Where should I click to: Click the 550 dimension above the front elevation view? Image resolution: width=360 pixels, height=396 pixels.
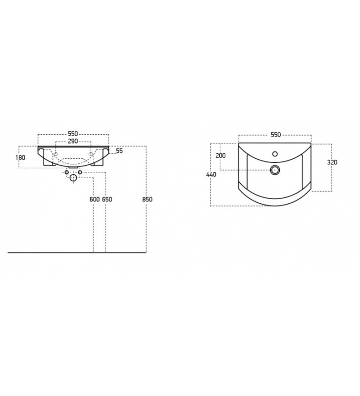click(73, 134)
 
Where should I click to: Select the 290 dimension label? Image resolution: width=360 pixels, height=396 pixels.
click(73, 141)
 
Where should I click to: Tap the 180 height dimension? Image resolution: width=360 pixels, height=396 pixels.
click(20, 157)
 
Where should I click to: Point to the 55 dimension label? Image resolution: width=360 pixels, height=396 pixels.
click(119, 151)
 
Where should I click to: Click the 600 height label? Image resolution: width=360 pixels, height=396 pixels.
click(95, 199)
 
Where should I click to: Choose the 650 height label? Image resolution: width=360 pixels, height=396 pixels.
click(107, 199)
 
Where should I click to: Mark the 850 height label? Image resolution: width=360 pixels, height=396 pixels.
click(147, 199)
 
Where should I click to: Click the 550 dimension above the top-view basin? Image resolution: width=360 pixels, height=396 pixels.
click(276, 135)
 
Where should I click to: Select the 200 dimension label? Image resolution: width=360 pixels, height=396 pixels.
click(220, 155)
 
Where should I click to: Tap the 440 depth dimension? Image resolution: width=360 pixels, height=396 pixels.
click(211, 174)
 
